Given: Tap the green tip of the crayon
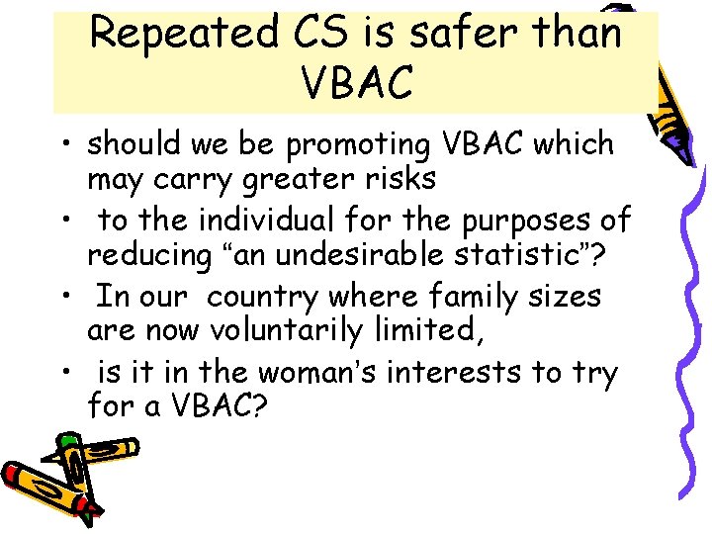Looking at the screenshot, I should click(66, 439).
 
